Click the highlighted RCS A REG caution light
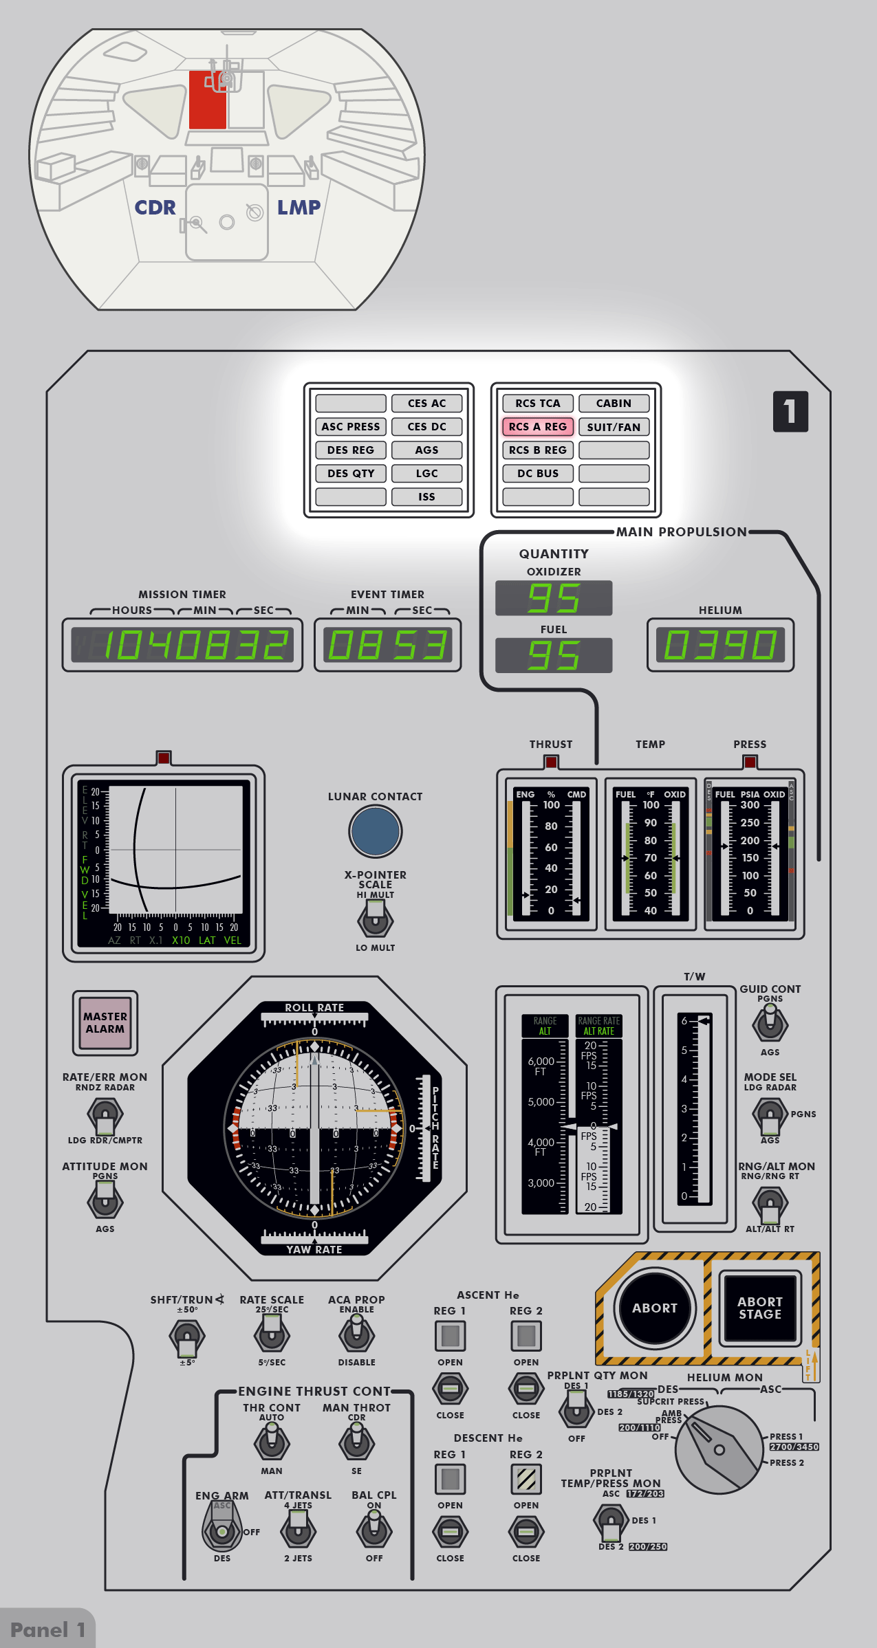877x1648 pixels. pos(538,427)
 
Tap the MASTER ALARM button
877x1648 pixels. pos(105,1022)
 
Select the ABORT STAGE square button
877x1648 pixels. pos(759,1308)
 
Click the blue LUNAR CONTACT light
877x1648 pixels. pos(375,831)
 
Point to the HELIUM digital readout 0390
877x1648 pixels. pos(720,645)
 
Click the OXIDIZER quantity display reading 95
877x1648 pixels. pos(554,598)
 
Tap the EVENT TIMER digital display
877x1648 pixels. pos(387,645)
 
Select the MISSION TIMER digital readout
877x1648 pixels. pos(182,645)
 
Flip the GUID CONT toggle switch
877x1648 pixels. pos(770,1024)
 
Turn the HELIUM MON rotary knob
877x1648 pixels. pos(719,1449)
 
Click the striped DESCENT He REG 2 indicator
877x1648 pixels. pos(526,1479)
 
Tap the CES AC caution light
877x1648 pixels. pos(426,404)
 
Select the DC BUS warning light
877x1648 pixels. pos(538,474)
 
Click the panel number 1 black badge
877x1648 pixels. pos(790,411)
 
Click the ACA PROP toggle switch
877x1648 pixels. pos(356,1334)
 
